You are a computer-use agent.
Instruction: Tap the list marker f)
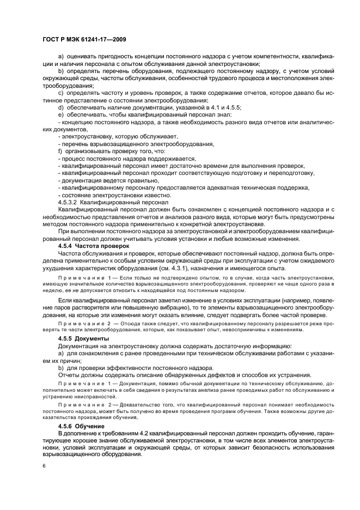60,150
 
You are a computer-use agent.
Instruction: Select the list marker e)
60,115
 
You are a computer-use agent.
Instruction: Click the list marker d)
60,108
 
